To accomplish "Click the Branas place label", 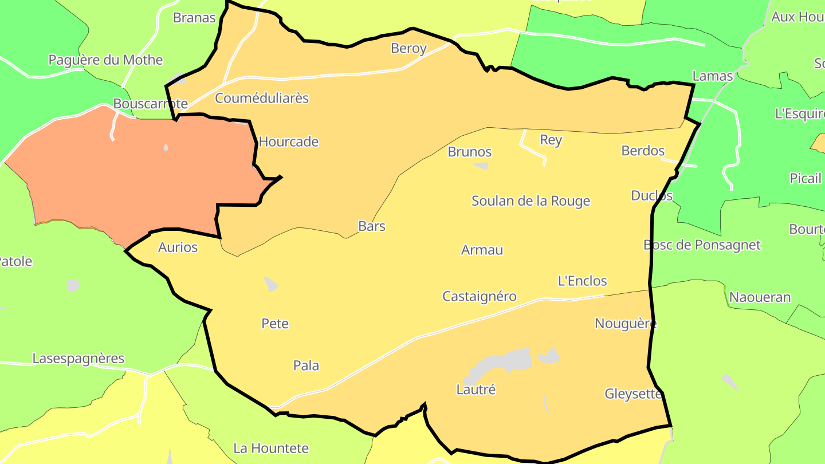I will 194,18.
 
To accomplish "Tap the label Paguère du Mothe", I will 105,60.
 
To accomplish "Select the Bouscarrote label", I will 150,104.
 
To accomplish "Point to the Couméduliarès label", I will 262,98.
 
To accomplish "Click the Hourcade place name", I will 289,141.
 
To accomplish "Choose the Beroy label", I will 408,48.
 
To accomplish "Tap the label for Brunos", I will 470,152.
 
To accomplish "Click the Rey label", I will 551,140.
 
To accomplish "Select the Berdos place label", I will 643,151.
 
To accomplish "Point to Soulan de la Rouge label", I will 531,201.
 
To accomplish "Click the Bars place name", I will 372,226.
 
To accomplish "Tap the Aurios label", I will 178,247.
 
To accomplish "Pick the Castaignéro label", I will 480,296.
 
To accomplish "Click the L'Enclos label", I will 582,281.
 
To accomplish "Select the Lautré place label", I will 476,390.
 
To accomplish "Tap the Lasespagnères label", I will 78,359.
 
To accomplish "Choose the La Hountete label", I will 271,448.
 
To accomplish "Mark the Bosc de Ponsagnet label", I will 702,245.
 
